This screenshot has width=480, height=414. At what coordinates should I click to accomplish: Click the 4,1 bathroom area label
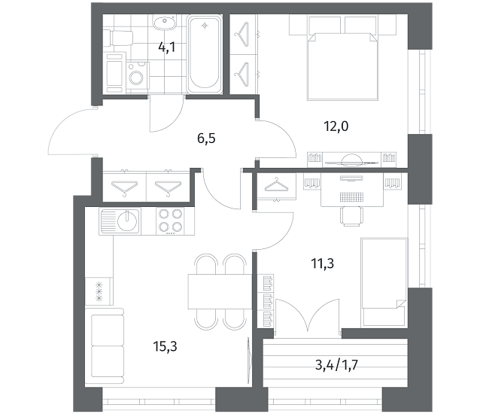(x=167, y=47)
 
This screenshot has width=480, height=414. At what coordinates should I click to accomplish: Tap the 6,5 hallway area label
(x=206, y=139)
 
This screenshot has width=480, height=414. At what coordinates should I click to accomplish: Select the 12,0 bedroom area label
(x=336, y=126)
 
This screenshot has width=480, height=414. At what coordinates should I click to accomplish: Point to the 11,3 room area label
(x=322, y=263)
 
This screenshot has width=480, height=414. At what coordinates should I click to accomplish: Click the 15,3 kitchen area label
(x=165, y=347)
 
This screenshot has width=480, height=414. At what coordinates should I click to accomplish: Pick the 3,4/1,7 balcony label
(x=336, y=365)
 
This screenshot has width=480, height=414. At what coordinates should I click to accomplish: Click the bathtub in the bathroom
(x=205, y=54)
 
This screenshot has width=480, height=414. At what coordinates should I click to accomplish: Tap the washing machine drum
(x=136, y=77)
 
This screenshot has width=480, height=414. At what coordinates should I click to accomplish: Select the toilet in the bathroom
(x=118, y=38)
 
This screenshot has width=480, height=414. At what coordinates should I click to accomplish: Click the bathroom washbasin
(x=165, y=22)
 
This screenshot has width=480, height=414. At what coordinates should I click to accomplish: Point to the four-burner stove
(x=171, y=221)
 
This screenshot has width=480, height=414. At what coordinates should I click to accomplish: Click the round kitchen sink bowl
(x=128, y=221)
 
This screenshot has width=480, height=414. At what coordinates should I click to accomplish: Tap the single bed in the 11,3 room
(x=384, y=282)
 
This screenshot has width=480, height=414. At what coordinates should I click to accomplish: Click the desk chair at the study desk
(x=352, y=216)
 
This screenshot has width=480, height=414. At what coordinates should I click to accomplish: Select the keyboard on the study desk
(x=352, y=196)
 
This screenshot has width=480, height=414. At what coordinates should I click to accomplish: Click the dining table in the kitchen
(x=220, y=292)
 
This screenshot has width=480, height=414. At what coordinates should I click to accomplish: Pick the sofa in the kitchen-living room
(x=105, y=346)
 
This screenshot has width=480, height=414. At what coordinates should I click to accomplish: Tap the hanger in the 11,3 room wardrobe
(x=276, y=184)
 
